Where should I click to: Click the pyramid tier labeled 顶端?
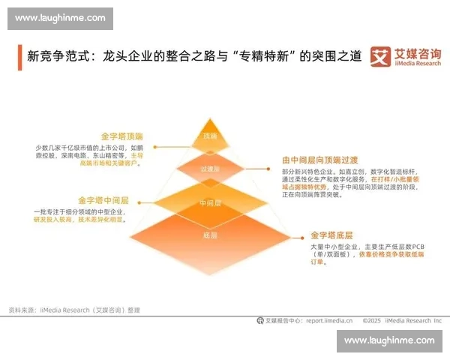(210, 136)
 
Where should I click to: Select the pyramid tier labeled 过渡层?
(210, 169)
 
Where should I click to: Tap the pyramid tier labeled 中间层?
(209, 202)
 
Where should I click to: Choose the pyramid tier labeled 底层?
(209, 235)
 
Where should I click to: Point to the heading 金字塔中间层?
(103, 201)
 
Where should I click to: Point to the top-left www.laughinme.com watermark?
(60, 18)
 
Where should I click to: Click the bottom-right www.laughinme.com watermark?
(389, 341)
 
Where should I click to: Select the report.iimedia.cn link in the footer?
(328, 319)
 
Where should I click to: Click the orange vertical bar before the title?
(19, 57)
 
